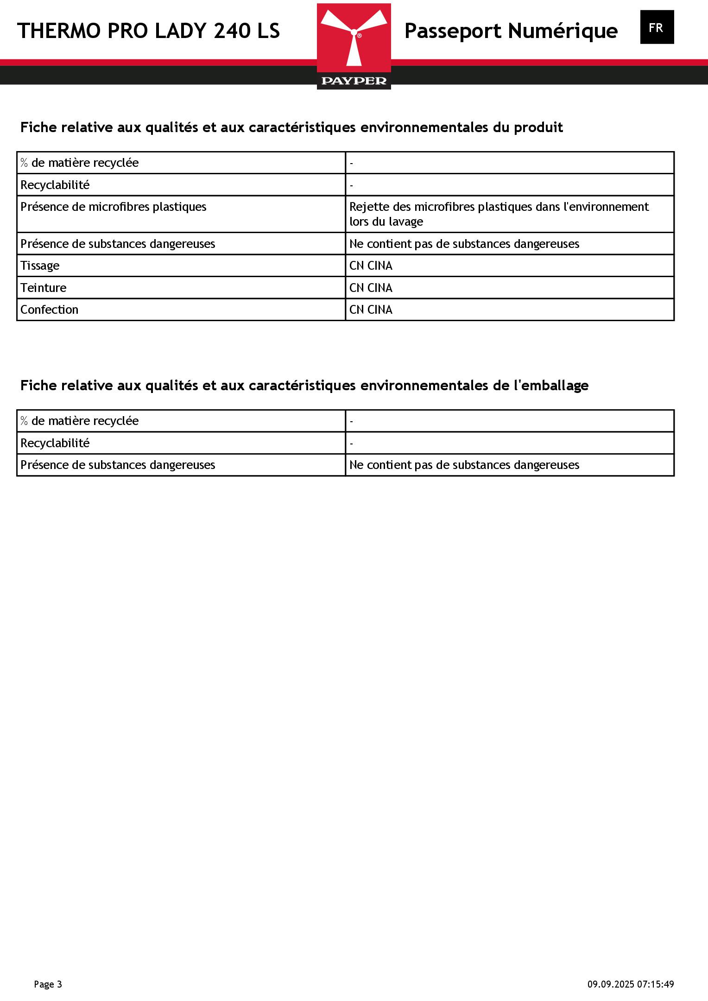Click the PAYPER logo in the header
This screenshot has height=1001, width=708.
[354, 46]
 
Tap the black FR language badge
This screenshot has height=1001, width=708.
[657, 27]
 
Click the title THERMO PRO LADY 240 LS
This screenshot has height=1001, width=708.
[149, 31]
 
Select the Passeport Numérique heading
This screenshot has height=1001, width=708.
[511, 31]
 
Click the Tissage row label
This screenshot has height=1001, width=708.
[40, 266]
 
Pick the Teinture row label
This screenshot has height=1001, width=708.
[44, 288]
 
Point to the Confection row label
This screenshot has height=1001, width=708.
[49, 310]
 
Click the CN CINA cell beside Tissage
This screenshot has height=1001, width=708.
[371, 266]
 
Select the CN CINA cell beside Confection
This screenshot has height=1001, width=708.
[371, 310]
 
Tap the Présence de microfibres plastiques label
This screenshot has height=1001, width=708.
[114, 207]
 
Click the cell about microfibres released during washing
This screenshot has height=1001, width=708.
[499, 214]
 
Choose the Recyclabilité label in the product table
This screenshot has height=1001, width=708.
[55, 185]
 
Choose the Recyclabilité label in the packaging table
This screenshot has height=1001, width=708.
[55, 443]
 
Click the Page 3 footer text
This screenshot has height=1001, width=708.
[48, 984]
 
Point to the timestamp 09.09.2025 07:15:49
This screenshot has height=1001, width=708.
[631, 984]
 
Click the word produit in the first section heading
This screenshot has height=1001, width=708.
[538, 127]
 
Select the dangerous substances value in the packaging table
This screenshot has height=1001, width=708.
[464, 465]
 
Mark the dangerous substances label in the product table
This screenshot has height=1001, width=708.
[118, 244]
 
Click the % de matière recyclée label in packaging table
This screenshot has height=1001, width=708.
[79, 421]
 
